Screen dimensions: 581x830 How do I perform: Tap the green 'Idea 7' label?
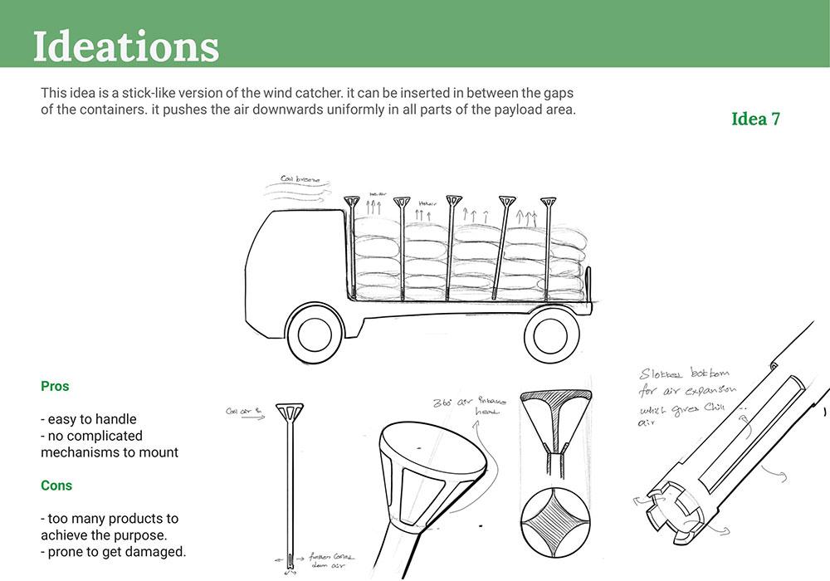tap(755, 119)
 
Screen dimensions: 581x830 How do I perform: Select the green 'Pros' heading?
tap(55, 386)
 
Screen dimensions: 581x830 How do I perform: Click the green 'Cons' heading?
tap(56, 486)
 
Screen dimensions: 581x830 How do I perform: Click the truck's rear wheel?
tap(552, 334)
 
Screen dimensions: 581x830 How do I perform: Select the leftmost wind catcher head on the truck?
tap(352, 202)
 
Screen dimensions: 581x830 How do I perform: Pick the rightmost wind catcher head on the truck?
tap(548, 202)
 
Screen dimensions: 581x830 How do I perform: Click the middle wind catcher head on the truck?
tap(453, 200)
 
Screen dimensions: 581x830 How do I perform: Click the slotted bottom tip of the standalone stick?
tap(289, 560)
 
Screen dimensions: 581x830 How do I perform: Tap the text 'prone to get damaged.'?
tap(117, 552)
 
